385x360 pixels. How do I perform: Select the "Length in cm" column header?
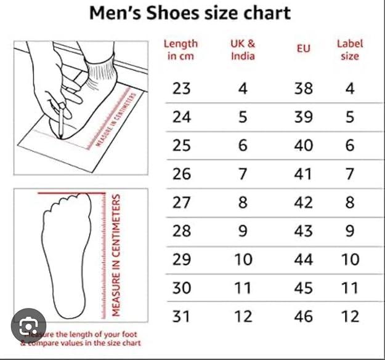point(181,50)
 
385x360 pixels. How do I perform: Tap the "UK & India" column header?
point(243,50)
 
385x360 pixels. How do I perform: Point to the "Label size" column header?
point(349,50)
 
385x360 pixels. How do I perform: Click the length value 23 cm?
point(181,89)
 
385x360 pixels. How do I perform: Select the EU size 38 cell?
point(303,89)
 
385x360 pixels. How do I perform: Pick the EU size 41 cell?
point(303,174)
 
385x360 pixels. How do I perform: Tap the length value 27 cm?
point(181,202)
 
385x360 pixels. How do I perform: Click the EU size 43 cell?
point(303,231)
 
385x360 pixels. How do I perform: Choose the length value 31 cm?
point(181,316)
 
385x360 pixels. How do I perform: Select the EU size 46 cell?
point(303,316)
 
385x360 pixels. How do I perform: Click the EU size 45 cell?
point(303,287)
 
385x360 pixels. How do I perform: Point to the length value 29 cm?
point(181,259)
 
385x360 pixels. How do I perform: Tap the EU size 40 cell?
point(303,145)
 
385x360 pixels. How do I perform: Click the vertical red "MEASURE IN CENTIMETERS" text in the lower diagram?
point(115,255)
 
